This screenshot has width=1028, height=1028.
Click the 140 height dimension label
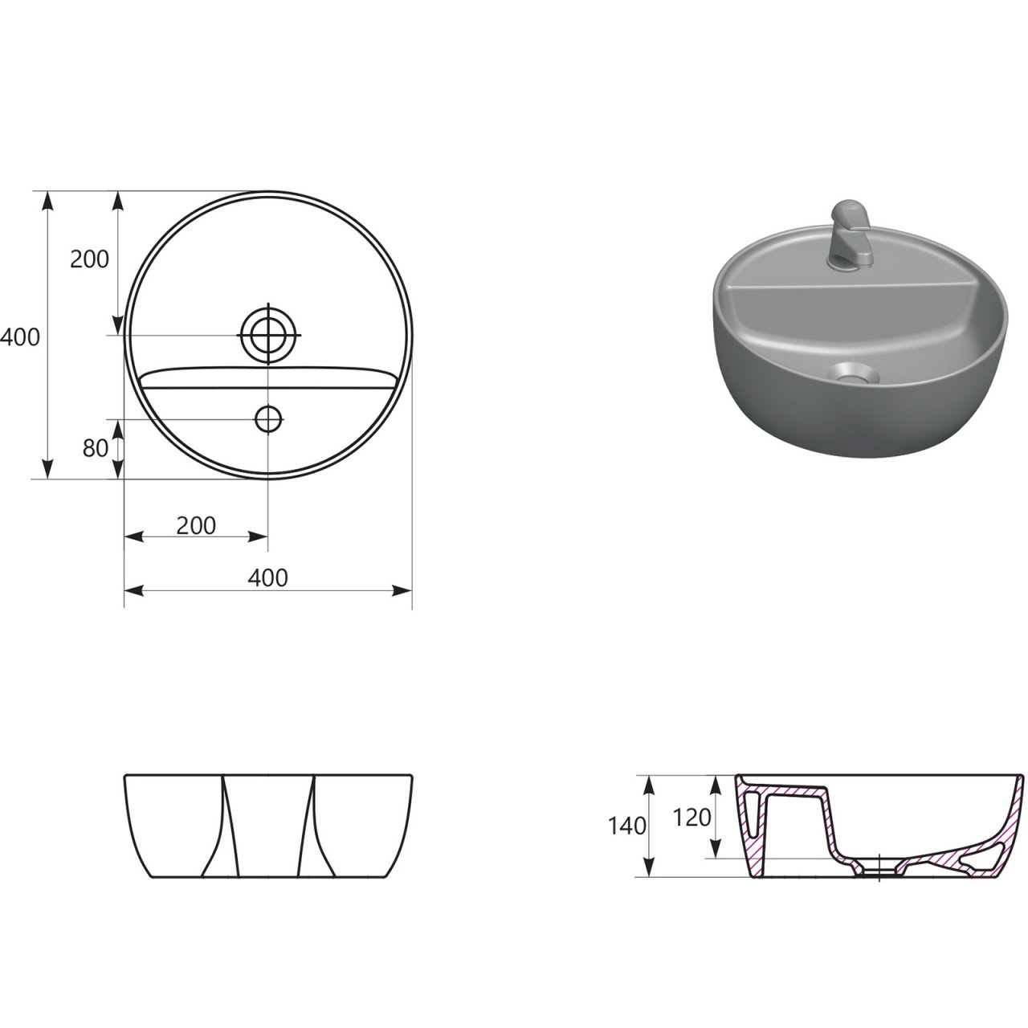point(627,826)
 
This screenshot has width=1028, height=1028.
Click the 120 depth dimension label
point(692,818)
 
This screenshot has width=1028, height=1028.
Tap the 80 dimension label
point(96,449)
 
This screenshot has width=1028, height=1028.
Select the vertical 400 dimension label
point(20,337)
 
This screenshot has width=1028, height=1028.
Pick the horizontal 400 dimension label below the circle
point(267,577)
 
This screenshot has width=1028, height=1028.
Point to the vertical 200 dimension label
point(90,259)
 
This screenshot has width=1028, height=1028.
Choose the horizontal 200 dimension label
point(196,526)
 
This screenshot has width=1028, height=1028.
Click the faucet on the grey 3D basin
point(851,235)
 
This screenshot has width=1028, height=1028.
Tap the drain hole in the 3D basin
point(852,373)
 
